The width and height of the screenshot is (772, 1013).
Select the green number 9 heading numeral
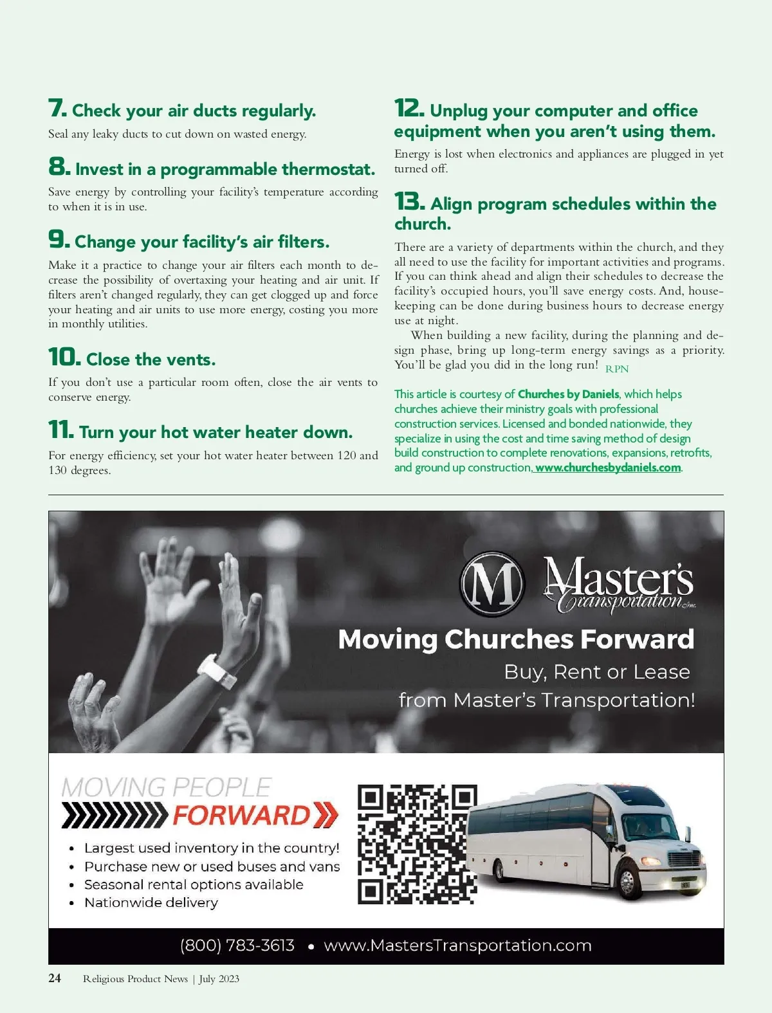[x=59, y=240]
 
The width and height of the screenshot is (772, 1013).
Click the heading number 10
[x=64, y=357]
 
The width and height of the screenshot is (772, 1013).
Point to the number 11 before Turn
[x=61, y=430]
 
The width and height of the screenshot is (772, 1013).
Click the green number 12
[x=409, y=108]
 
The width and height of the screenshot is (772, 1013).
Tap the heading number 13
[x=410, y=202]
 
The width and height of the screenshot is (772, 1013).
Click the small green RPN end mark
[x=617, y=369]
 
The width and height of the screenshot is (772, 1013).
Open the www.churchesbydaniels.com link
[x=607, y=468]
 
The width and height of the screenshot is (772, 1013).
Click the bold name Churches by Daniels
[x=568, y=394]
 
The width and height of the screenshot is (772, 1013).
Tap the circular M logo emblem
[x=492, y=583]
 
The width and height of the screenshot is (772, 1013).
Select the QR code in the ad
[x=418, y=844]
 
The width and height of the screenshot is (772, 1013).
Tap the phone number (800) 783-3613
[x=237, y=945]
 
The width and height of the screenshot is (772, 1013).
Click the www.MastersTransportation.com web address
[x=457, y=945]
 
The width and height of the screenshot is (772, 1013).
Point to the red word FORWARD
[x=242, y=815]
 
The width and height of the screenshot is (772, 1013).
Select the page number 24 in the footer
[x=55, y=978]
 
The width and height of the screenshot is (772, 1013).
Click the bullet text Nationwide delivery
[x=151, y=902]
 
